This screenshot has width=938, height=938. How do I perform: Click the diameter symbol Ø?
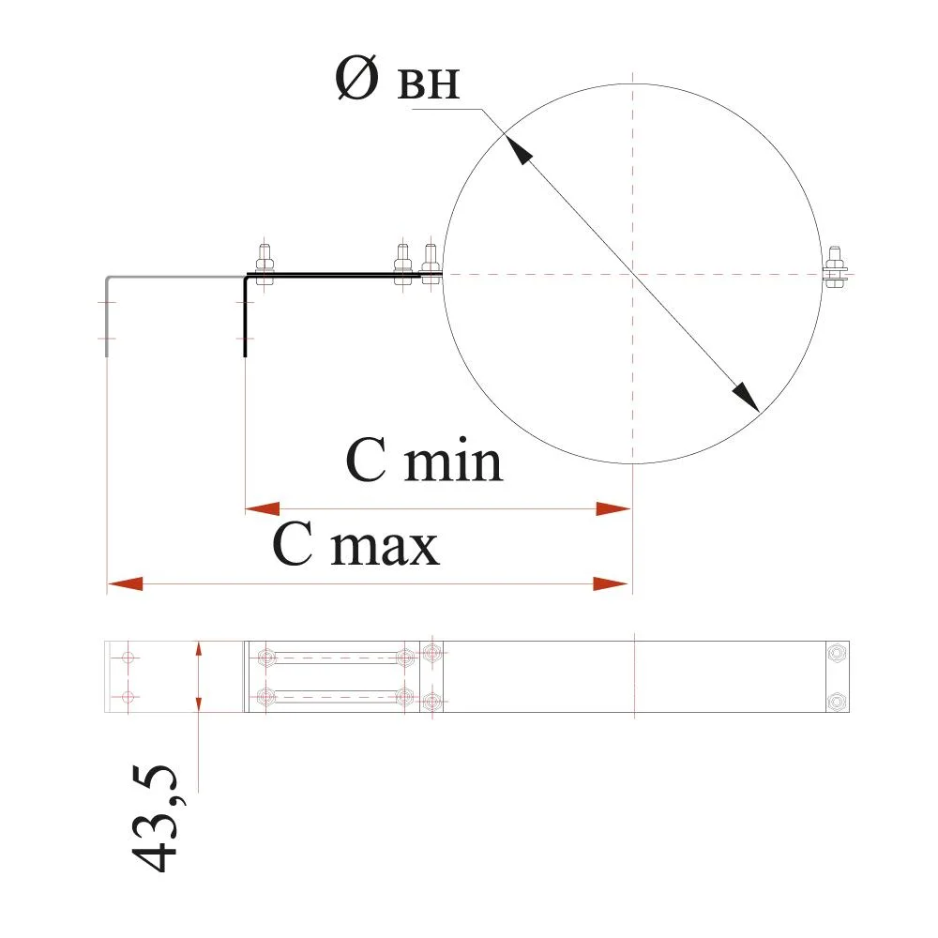[x=357, y=77]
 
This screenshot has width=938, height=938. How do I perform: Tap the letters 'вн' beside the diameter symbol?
[x=429, y=83]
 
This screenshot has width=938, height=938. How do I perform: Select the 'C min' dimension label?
[x=424, y=460]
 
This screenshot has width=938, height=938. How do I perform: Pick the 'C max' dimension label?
[x=356, y=543]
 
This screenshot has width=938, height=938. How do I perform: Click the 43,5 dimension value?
[x=155, y=818]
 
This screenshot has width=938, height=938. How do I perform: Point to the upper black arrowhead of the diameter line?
[x=518, y=148]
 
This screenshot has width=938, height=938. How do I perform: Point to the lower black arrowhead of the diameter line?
[x=746, y=397]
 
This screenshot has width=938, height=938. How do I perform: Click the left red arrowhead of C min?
[x=263, y=509]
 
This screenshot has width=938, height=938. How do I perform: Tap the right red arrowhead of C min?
[x=613, y=509]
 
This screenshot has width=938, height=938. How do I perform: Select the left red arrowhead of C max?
[x=126, y=583]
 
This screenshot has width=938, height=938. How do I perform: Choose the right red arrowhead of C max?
[x=611, y=583]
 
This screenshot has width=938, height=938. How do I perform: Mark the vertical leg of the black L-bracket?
[x=245, y=317]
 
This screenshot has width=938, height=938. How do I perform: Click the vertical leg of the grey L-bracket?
[x=107, y=317]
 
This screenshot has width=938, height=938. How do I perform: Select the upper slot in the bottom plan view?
[x=336, y=658]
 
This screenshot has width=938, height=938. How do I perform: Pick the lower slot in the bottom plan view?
[x=336, y=696]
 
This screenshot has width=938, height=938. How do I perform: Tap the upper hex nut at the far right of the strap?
[x=838, y=653]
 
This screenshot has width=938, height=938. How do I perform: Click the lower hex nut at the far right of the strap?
[x=838, y=701]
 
